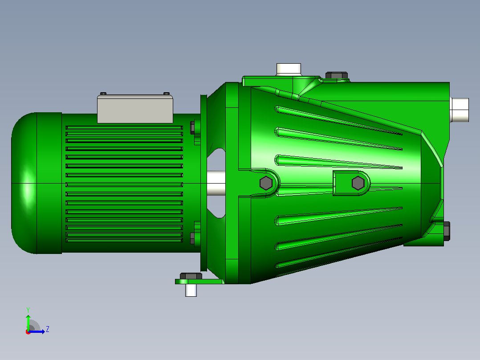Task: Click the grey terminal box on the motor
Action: [135, 109]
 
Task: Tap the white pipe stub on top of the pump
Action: [289, 70]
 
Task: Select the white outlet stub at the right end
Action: [460, 110]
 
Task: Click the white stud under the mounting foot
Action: [191, 290]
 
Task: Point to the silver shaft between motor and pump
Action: [216, 183]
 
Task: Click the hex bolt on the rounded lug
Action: [266, 183]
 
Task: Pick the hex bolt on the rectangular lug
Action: [358, 183]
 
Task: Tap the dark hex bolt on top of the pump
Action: [337, 75]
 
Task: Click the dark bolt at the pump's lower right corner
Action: [446, 231]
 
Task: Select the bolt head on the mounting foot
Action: [191, 276]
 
